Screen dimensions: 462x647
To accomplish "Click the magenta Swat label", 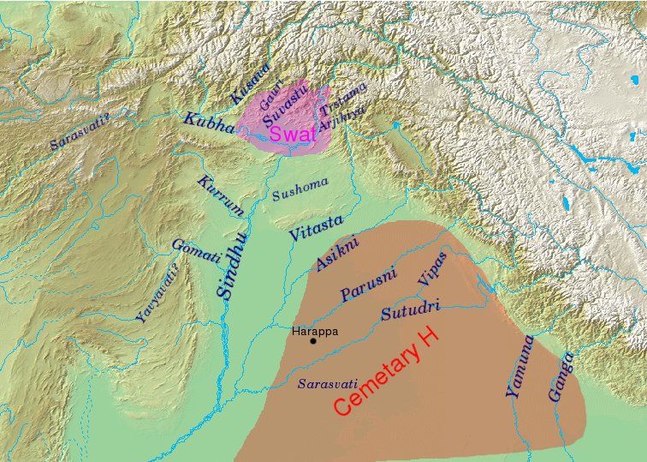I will click(292, 134).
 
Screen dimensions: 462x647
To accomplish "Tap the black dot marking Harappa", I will click(313, 341).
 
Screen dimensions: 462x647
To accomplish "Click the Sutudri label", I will click(411, 309).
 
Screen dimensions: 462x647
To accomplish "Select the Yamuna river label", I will click(519, 367).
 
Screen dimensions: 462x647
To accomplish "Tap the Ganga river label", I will click(561, 377).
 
